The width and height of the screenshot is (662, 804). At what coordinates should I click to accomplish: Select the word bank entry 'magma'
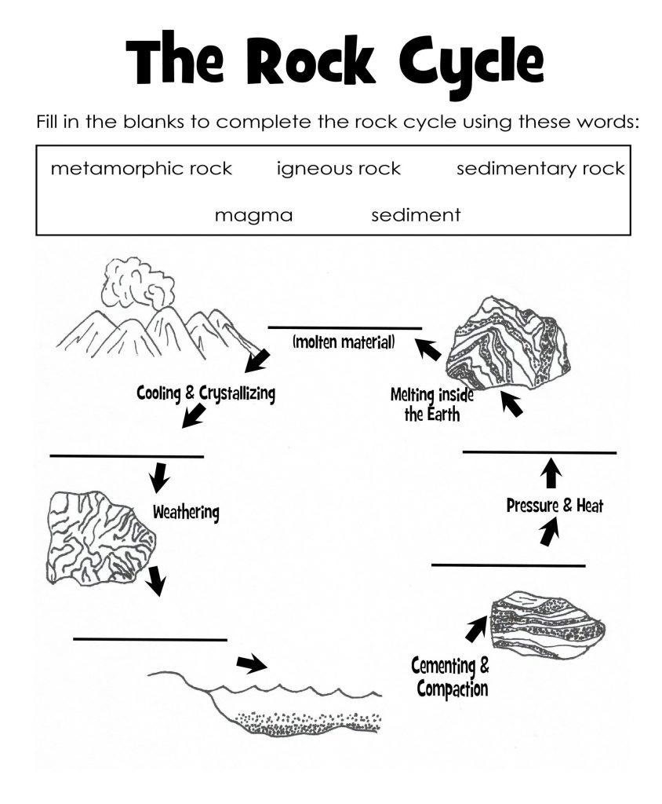tap(253, 215)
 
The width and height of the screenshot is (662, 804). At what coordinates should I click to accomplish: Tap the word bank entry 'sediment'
tap(416, 215)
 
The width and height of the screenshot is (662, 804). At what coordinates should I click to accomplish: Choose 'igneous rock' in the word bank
tap(339, 169)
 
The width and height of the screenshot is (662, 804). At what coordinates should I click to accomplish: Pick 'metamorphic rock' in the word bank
tap(141, 169)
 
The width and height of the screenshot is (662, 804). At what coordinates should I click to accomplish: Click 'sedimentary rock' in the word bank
tap(540, 169)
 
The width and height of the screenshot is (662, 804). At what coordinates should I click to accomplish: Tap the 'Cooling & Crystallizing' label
tap(206, 392)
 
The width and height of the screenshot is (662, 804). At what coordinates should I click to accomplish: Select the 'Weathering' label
tap(186, 513)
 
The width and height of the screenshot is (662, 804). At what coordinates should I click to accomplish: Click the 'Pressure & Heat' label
tap(555, 506)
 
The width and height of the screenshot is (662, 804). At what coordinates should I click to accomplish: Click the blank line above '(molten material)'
tap(345, 327)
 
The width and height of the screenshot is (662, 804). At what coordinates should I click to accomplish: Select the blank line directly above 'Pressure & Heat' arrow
tap(540, 452)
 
